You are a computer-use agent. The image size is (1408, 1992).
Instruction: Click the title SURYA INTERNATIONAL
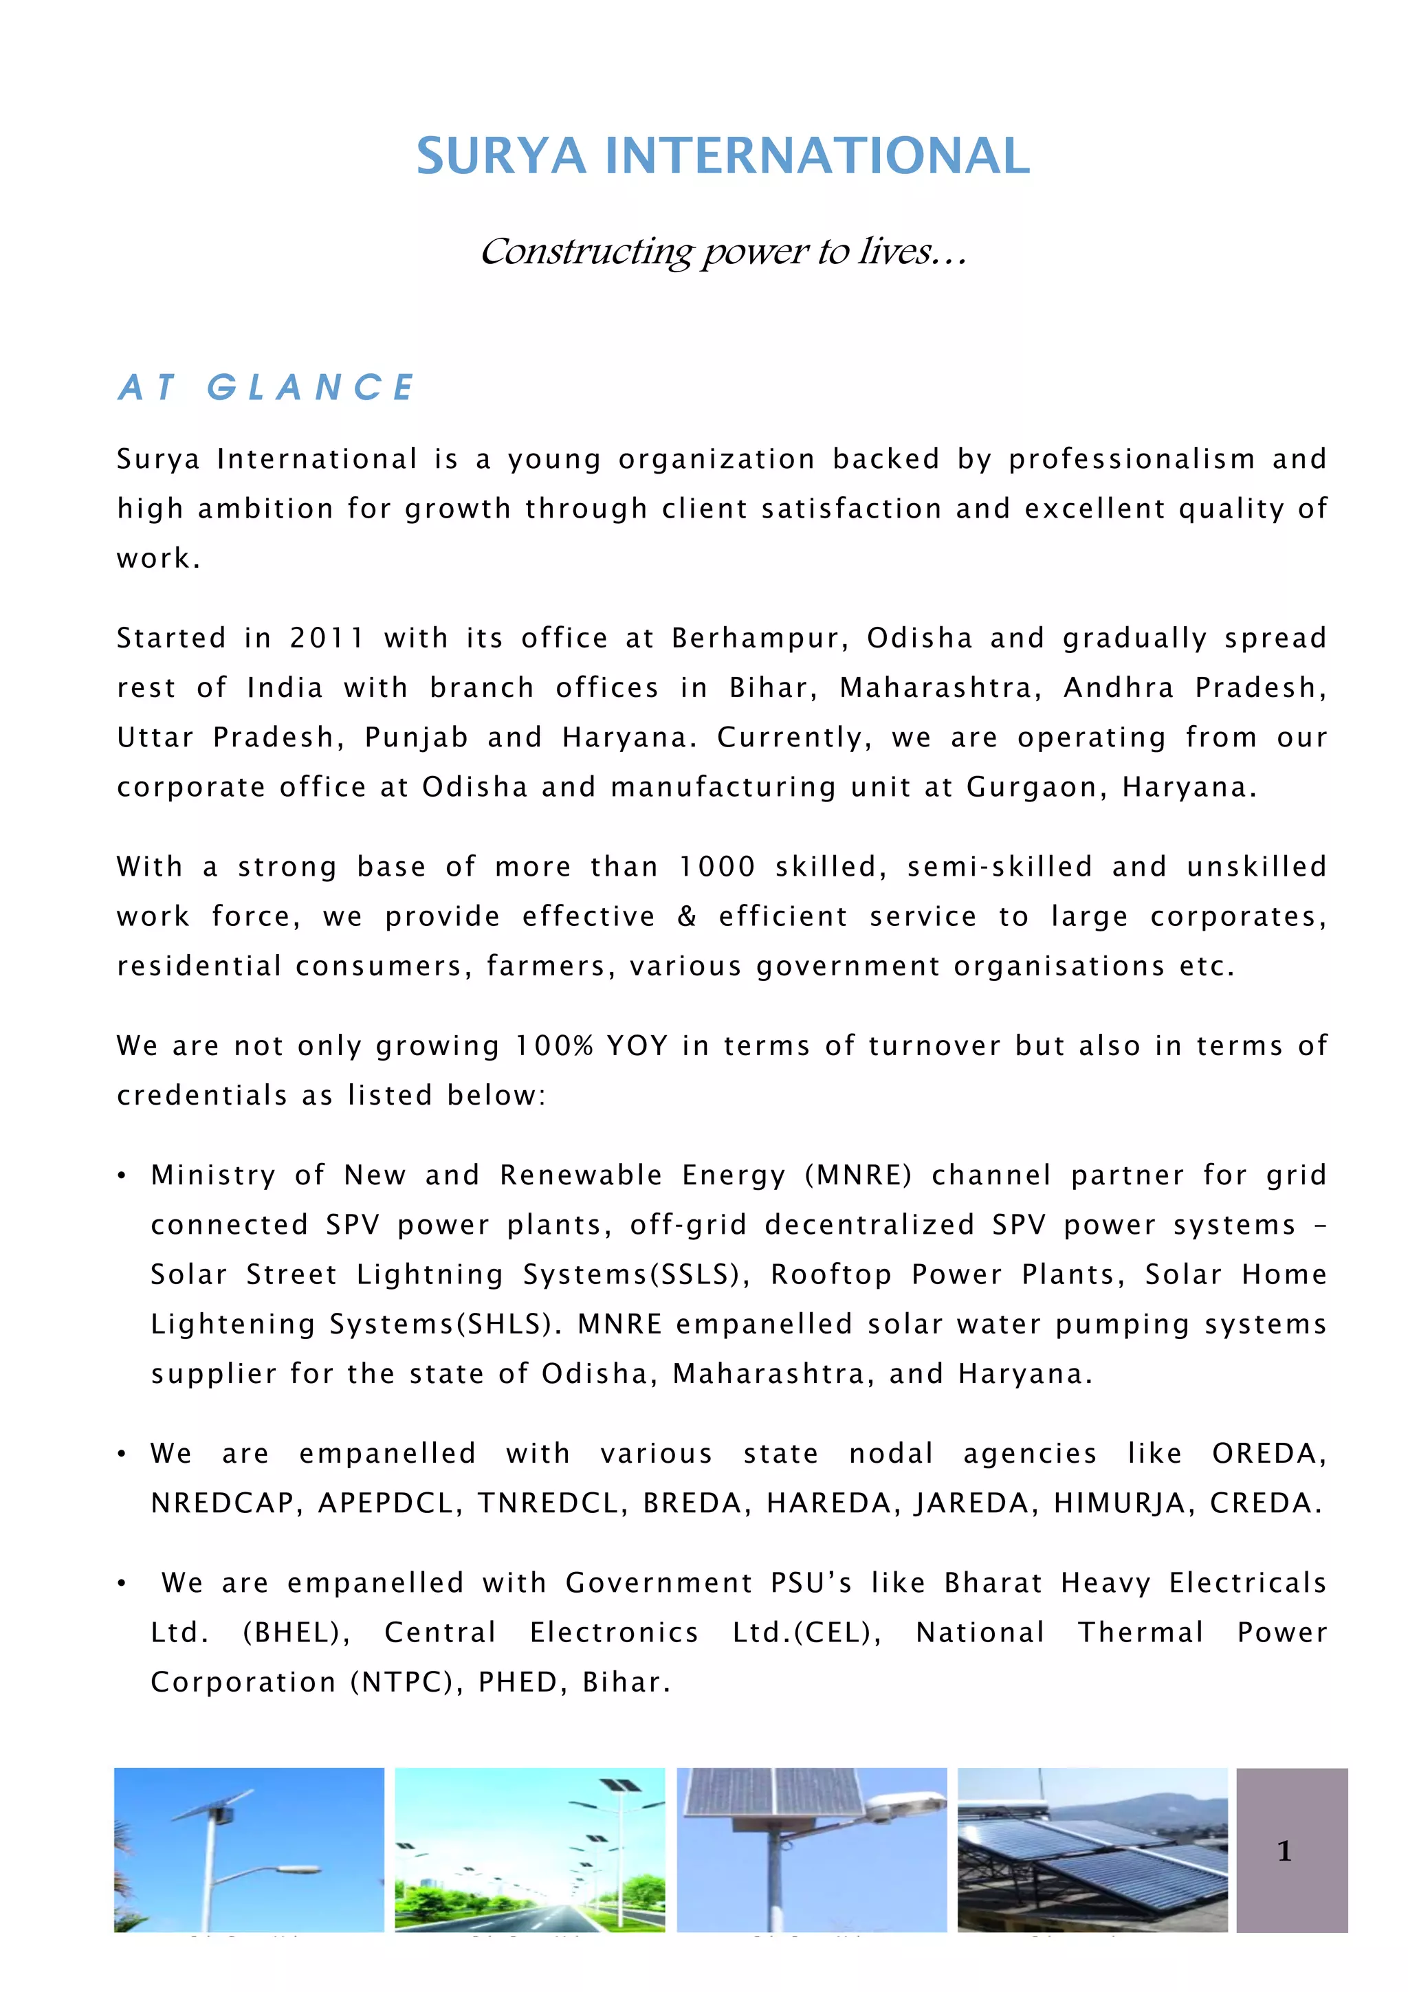click(723, 156)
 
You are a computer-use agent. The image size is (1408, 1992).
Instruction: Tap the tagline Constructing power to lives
click(723, 252)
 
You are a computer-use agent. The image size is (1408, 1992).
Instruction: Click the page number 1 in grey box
click(1285, 1852)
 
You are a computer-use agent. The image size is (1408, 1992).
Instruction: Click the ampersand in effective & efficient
click(686, 917)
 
